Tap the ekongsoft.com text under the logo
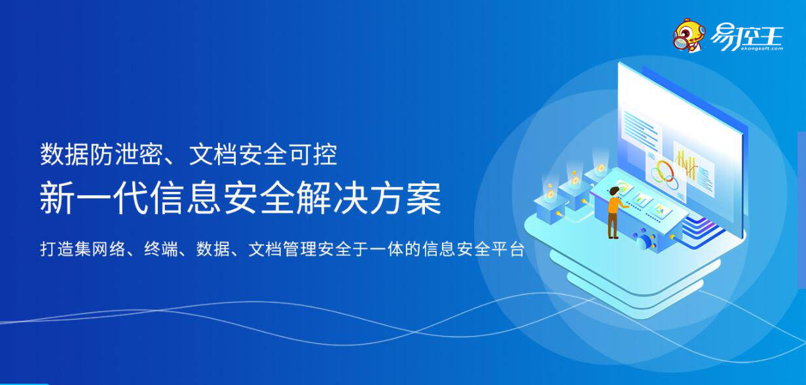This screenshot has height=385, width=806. point(761,48)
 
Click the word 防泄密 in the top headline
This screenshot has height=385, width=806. point(126,155)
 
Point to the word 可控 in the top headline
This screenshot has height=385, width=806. point(314,155)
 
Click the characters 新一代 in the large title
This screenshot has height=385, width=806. point(94,198)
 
